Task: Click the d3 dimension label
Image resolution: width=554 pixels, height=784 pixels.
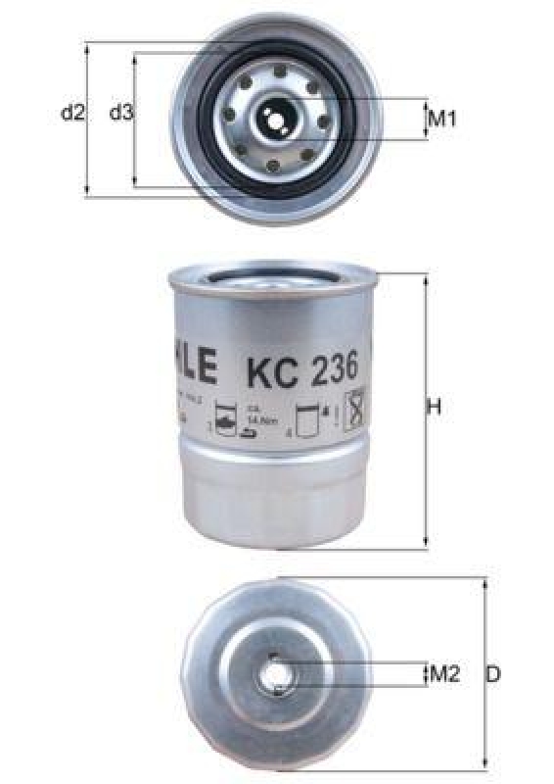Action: pos(120,113)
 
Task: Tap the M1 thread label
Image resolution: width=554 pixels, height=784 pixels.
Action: pos(443,120)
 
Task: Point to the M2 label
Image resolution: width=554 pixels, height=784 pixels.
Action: pos(444,674)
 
